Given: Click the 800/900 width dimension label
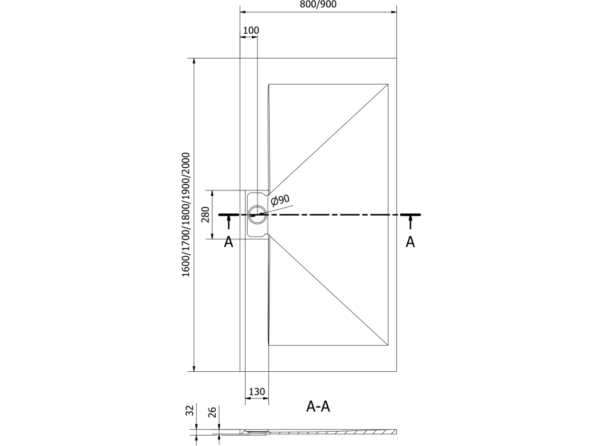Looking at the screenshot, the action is point(318,5).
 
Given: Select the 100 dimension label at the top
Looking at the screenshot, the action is point(251,30).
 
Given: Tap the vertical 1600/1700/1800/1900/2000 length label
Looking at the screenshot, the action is point(186,215).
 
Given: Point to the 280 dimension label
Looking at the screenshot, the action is point(205,215).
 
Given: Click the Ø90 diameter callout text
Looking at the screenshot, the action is point(280,200).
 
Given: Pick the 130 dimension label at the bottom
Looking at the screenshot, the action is point(257,391).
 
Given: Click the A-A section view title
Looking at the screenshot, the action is point(318,406).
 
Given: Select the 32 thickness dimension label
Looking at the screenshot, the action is point(190,410).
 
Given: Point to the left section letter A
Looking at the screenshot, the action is point(229,242).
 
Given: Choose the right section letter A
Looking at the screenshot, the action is point(410,242).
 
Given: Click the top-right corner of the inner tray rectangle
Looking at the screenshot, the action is point(388,84).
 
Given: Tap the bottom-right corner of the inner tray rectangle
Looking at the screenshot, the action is point(388,346).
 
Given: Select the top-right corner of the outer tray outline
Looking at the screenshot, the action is point(396,58).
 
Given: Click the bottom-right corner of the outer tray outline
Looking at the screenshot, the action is point(396,371).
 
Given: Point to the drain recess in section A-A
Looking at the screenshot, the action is point(257,432).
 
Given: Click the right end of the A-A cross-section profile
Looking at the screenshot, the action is point(396,431).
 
